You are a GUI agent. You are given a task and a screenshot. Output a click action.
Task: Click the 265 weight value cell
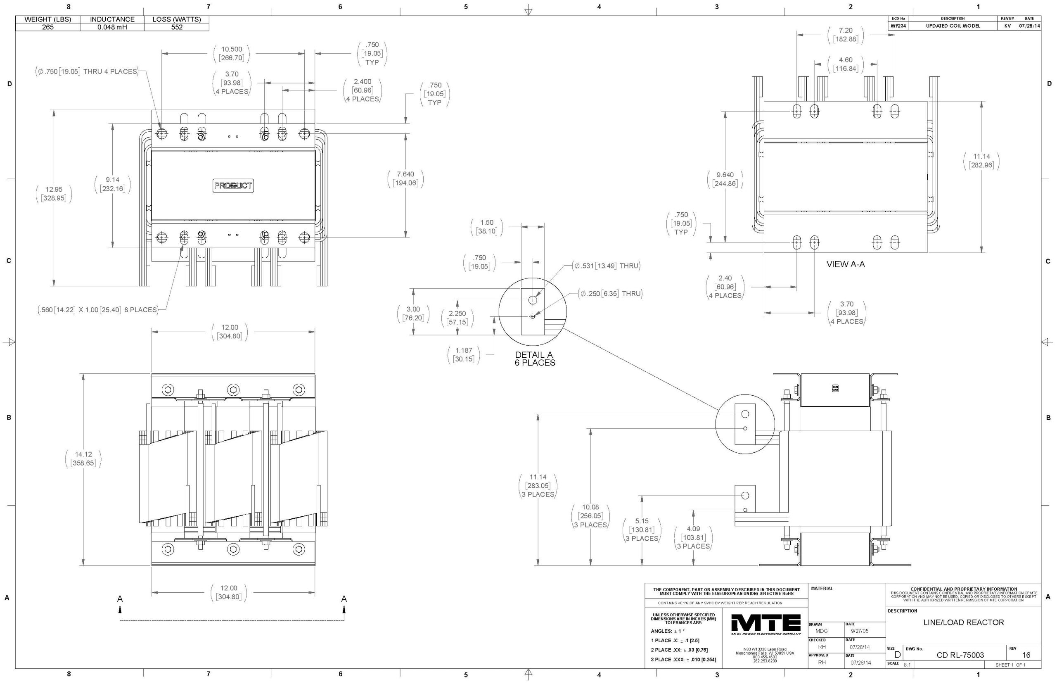[47, 27]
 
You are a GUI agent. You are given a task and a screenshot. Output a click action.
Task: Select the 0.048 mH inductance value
[112, 27]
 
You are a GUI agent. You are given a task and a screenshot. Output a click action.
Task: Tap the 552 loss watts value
[177, 27]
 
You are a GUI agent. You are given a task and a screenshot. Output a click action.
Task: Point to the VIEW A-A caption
[845, 264]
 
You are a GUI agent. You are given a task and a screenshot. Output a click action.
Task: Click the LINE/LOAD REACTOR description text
[963, 622]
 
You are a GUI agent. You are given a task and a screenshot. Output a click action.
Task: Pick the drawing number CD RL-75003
[960, 655]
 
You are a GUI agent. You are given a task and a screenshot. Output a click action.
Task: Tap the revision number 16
[1026, 655]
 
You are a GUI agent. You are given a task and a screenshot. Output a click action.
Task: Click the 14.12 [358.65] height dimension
[83, 459]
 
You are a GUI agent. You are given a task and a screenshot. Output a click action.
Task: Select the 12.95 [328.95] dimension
[54, 194]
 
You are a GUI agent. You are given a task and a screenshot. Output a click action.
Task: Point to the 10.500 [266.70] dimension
[231, 54]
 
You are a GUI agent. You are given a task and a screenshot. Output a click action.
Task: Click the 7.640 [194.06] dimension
[405, 178]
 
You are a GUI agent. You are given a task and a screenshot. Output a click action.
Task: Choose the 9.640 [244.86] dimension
[725, 179]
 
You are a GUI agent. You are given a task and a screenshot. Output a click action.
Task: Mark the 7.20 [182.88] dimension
[845, 35]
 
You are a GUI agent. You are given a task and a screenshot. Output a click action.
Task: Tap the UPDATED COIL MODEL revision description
[952, 26]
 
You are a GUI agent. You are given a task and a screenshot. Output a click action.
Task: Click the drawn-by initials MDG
[821, 631]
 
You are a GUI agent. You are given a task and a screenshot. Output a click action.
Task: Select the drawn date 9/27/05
[860, 631]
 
